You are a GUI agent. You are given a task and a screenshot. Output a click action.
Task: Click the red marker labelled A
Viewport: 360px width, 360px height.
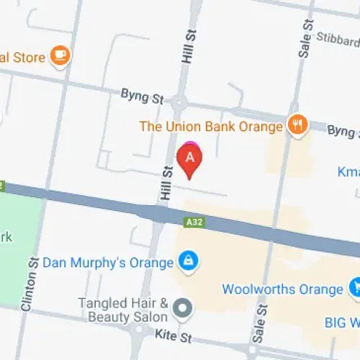[x=189, y=160]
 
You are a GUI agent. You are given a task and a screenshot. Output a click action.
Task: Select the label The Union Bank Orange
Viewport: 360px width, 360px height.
[x=211, y=127]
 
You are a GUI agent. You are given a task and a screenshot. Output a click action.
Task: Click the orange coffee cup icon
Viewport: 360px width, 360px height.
[x=60, y=56]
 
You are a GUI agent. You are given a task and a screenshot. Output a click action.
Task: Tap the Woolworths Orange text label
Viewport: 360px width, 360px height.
[x=282, y=289]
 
